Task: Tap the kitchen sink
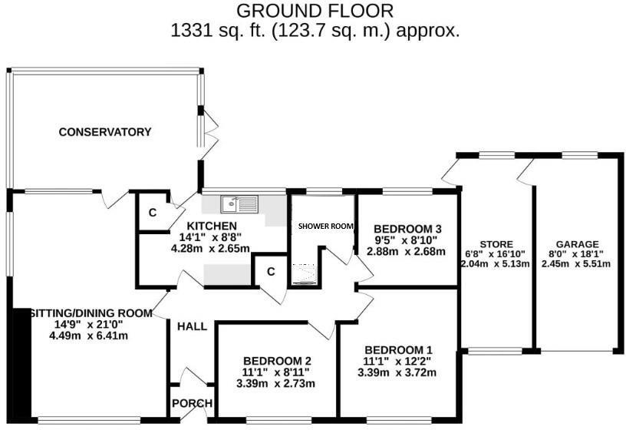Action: [239, 203]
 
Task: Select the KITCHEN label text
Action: [211, 226]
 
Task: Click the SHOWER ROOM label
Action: [325, 227]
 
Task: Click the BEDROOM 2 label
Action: [276, 361]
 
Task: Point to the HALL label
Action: [192, 326]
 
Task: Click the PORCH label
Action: [191, 404]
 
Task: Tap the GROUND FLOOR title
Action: [315, 11]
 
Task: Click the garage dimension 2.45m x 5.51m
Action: [580, 264]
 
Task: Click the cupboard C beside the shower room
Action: [270, 272]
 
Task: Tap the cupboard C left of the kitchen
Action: [152, 213]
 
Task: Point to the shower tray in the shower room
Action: [306, 273]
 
